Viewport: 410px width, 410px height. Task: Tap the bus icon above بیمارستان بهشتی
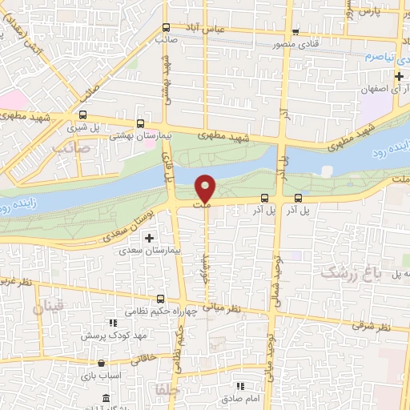141,124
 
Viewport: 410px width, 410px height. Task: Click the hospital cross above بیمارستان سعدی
149,238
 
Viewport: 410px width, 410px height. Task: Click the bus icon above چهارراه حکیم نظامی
161,299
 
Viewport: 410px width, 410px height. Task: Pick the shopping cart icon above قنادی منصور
295,33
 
